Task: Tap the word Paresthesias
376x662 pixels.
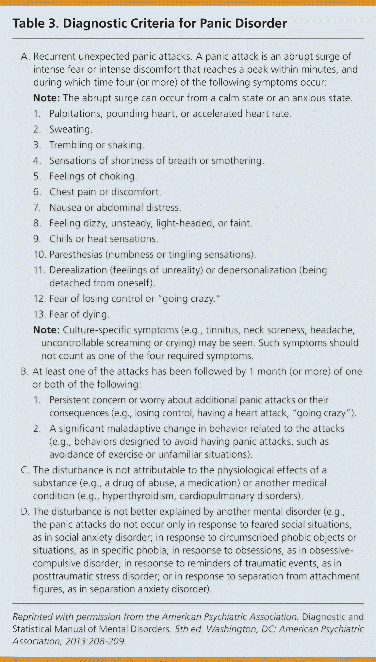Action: click(76, 255)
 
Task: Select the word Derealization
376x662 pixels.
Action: click(78, 270)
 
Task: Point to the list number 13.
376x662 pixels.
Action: click(39, 314)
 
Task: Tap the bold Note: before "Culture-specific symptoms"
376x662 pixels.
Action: click(46, 330)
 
